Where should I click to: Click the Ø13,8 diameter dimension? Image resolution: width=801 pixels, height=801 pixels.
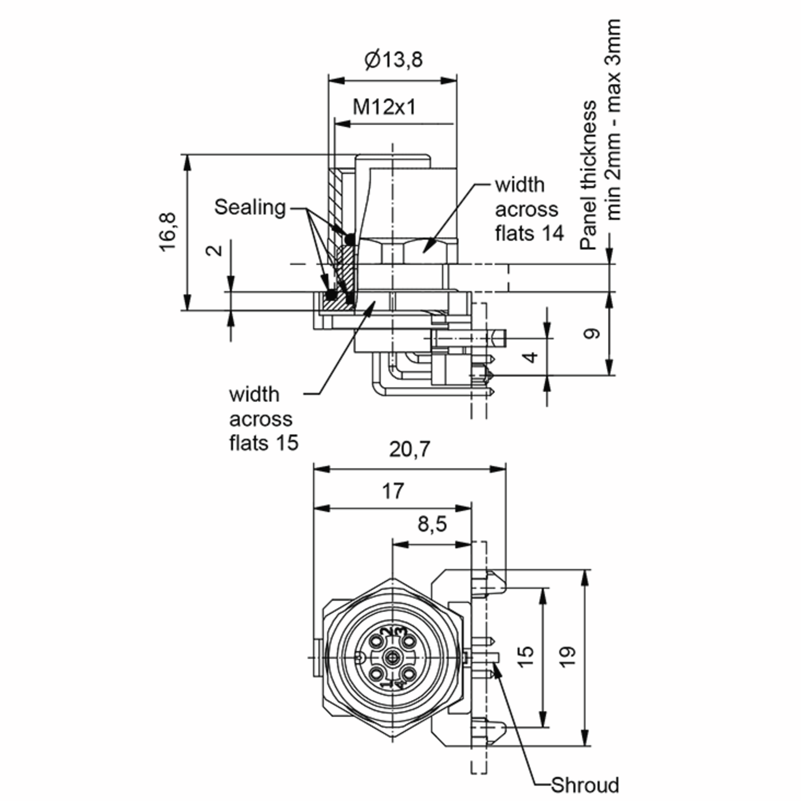pyautogui.click(x=393, y=60)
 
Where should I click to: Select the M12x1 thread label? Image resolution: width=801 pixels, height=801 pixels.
pyautogui.click(x=384, y=108)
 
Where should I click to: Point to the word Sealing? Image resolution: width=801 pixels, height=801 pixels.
pyautogui.click(x=250, y=207)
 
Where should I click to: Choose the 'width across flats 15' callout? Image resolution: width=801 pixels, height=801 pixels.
pyautogui.click(x=264, y=419)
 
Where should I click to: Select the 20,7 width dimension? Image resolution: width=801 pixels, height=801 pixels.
pyautogui.click(x=410, y=450)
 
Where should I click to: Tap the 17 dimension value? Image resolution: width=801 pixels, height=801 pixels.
pyautogui.click(x=392, y=491)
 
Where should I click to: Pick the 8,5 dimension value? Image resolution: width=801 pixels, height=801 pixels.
pyautogui.click(x=432, y=524)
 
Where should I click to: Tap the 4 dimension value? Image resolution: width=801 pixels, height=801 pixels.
pyautogui.click(x=532, y=357)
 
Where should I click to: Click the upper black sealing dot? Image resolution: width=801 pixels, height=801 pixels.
pyautogui.click(x=350, y=239)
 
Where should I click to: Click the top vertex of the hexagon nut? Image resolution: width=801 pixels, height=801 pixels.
pyautogui.click(x=392, y=578)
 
